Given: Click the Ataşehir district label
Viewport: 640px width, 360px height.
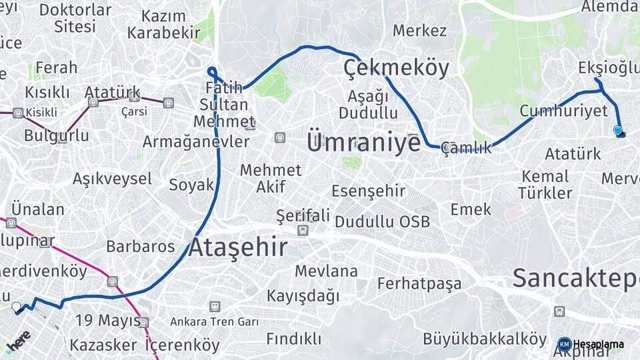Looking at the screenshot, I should [x=238, y=247].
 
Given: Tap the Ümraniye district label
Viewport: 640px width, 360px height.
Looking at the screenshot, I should [x=363, y=143].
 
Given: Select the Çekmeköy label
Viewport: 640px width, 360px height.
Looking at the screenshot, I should [x=396, y=67].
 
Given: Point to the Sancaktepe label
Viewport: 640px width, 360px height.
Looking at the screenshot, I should [x=575, y=278].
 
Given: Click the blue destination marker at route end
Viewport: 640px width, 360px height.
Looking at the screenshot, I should [x=618, y=131].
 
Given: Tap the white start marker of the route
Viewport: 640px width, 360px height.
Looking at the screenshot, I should [x=17, y=307].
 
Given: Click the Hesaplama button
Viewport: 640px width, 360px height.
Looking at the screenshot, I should [x=591, y=345].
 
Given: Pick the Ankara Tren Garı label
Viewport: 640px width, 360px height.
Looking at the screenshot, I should [x=214, y=322].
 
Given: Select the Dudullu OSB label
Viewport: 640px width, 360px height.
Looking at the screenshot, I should [x=382, y=222].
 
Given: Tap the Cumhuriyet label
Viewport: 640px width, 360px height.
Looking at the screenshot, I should [x=563, y=111].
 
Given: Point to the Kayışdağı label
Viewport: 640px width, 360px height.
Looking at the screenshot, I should [x=303, y=295].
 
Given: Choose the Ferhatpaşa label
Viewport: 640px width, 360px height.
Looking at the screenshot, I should [x=419, y=283].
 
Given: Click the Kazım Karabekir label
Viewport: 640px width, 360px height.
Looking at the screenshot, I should [x=163, y=24].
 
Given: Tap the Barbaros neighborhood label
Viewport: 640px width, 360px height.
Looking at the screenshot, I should [x=140, y=246].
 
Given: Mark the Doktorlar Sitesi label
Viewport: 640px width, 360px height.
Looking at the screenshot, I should [x=75, y=18].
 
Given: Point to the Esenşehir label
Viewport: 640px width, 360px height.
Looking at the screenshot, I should [x=368, y=191].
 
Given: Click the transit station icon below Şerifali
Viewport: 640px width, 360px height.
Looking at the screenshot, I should [x=303, y=231].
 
